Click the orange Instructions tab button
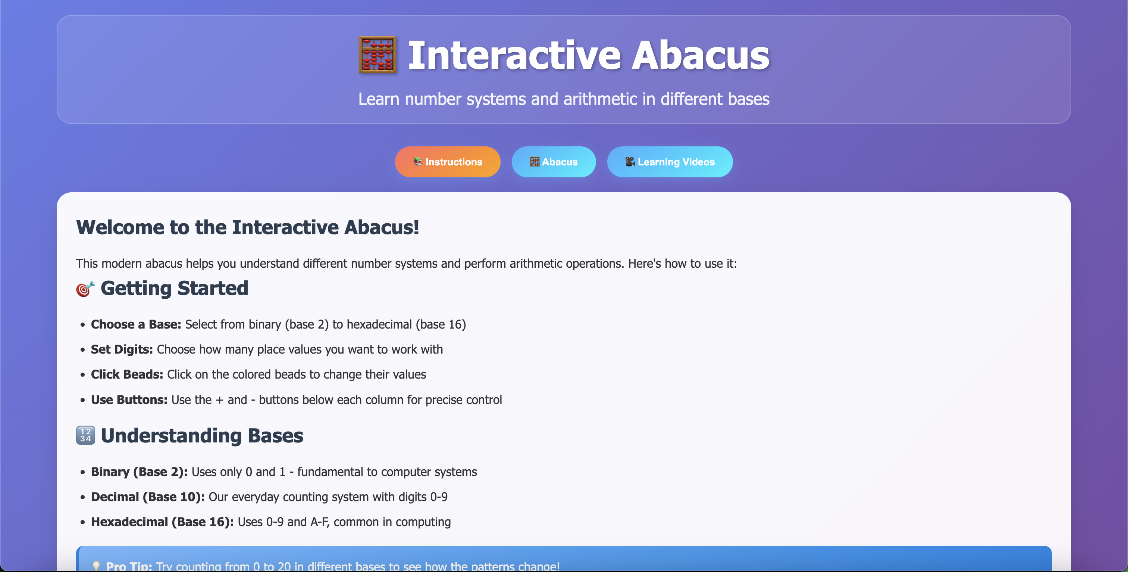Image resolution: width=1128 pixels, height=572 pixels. click(x=448, y=162)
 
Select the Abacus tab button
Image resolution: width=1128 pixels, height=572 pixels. click(x=554, y=162)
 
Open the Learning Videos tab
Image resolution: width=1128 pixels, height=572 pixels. click(x=670, y=162)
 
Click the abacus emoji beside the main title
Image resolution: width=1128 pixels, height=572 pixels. click(x=377, y=55)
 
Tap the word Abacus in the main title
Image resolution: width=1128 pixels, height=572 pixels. click(x=700, y=55)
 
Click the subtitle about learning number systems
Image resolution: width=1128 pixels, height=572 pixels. click(x=564, y=99)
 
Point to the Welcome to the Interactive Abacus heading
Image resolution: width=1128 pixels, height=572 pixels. click(x=247, y=227)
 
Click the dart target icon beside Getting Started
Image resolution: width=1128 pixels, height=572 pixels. click(x=85, y=289)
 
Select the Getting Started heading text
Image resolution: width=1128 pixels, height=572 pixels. click(x=174, y=288)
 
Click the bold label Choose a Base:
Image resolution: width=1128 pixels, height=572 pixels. click(x=136, y=324)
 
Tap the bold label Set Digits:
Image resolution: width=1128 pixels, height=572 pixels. click(x=122, y=349)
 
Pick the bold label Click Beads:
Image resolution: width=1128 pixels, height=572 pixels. click(x=127, y=374)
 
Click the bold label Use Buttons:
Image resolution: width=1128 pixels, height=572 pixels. click(x=129, y=400)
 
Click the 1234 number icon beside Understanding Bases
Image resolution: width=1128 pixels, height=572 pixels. click(x=85, y=435)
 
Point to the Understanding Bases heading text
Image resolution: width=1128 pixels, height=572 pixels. click(x=202, y=436)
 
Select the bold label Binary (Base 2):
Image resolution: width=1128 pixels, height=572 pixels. click(x=139, y=472)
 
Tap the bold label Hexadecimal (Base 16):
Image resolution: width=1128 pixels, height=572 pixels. click(x=162, y=522)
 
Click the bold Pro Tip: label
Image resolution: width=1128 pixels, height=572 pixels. click(x=129, y=566)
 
